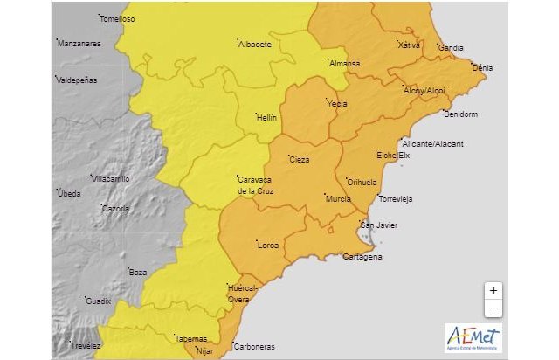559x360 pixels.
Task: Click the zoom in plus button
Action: (493, 290)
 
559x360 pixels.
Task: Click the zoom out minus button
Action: (493, 308)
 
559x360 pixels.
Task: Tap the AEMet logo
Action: (473, 337)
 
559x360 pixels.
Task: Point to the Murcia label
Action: (338, 199)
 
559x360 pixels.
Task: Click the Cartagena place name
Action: (362, 257)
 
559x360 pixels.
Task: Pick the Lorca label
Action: (268, 246)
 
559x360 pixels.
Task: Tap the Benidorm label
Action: (461, 114)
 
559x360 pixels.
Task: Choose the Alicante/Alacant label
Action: (433, 143)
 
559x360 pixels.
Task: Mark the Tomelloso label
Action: (117, 18)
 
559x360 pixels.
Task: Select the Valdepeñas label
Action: (78, 80)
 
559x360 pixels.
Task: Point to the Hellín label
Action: (266, 117)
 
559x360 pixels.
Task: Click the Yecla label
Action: (337, 104)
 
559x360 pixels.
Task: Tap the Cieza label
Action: (300, 161)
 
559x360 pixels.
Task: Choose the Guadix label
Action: (99, 301)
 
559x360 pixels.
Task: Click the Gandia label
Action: (451, 47)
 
